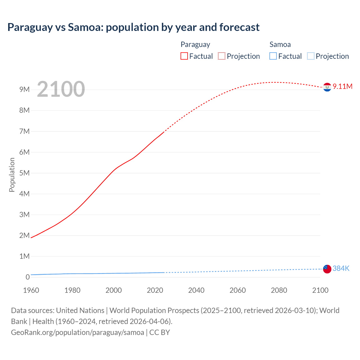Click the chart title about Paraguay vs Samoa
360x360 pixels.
coord(133,27)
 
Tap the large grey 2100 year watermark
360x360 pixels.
coord(61,89)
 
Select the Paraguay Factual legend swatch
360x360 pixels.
coord(184,56)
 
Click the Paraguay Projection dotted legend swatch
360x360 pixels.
coord(222,56)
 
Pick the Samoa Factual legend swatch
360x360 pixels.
coord(273,56)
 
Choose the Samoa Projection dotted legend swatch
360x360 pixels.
coord(310,56)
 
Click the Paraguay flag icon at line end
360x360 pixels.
coord(327,87)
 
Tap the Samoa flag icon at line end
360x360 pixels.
coord(327,269)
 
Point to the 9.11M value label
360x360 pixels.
coord(343,86)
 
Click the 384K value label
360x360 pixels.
coord(341,269)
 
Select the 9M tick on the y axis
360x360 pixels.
coord(24,89)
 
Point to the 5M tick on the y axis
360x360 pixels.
coord(24,173)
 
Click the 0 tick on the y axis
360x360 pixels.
coord(28,277)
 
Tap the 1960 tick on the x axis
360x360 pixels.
coord(31,290)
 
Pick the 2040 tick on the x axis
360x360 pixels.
coord(196,290)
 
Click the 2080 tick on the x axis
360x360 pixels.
coord(279,290)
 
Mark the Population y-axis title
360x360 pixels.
coord(12,175)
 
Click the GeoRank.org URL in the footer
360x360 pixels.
coord(77,332)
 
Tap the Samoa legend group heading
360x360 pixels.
coord(280,44)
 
